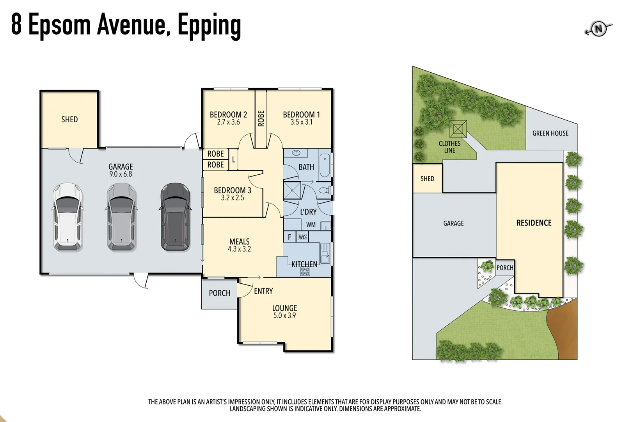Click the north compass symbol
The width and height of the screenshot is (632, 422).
598,29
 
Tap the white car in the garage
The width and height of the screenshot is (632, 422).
67,217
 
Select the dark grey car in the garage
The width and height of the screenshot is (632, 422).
175,217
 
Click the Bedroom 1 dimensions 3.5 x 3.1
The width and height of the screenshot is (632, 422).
301,122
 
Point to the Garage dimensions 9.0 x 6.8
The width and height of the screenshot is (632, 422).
121,174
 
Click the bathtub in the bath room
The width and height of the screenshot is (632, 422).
325,166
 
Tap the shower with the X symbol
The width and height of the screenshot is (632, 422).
292,191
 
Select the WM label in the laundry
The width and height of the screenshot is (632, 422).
311,225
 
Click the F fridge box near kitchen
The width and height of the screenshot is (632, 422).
289,237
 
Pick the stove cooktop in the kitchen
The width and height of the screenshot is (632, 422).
305,271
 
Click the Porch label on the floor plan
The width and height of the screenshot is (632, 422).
219,293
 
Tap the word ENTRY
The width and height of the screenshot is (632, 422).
263,291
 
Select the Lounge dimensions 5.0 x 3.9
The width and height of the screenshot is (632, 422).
284,316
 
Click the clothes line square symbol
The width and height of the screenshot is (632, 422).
458,129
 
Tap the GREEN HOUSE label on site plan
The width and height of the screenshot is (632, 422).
550,133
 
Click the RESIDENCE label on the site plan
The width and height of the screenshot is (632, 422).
534,223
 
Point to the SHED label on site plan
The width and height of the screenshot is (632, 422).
427,179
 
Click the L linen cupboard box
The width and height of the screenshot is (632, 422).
233,159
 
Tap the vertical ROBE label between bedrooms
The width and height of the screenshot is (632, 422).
261,118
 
